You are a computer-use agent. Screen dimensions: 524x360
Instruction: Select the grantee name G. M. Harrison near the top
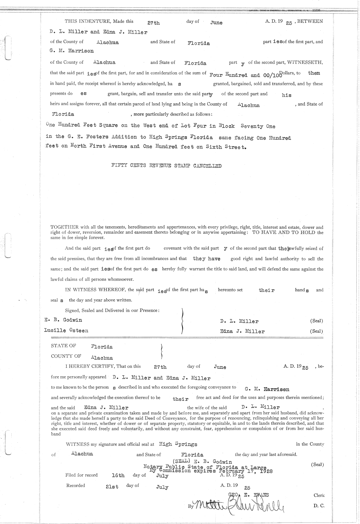coord(72,51)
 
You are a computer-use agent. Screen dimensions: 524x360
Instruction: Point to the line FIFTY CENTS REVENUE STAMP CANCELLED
coord(166,166)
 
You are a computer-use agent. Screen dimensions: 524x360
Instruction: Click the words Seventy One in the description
coord(258,126)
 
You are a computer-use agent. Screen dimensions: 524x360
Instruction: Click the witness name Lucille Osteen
coord(66,331)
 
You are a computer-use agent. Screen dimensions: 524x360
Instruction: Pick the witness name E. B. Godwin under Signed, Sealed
coord(63,320)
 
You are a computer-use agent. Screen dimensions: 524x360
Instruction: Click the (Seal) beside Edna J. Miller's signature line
coord(316,332)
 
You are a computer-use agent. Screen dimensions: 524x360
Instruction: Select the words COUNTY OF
coord(66,356)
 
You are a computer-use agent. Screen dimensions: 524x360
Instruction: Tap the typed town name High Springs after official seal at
coord(178,444)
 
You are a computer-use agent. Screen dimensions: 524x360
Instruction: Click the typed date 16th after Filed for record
coord(118,476)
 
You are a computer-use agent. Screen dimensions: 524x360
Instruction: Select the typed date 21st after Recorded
coord(112,487)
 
